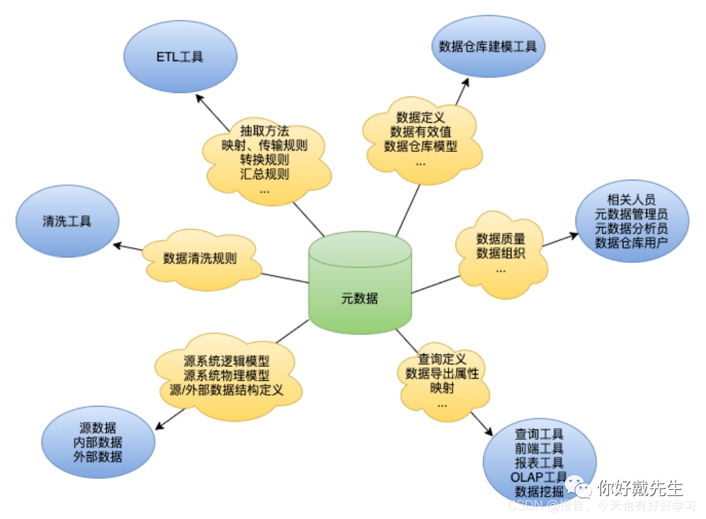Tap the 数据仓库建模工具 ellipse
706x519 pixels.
[x=487, y=47]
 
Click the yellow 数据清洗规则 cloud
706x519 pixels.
[x=200, y=259]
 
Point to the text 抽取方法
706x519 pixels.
[x=264, y=130]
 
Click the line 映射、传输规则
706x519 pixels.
[x=264, y=145]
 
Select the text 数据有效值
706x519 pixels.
[x=421, y=132]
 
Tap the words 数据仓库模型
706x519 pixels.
[x=421, y=146]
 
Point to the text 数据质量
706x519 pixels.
[x=501, y=239]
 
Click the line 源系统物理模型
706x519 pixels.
[x=226, y=375]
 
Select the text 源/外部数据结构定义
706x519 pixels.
[x=226, y=390]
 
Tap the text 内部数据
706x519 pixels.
[x=97, y=442]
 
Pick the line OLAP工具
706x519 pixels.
[x=539, y=477]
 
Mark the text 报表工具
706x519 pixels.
[x=539, y=463]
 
